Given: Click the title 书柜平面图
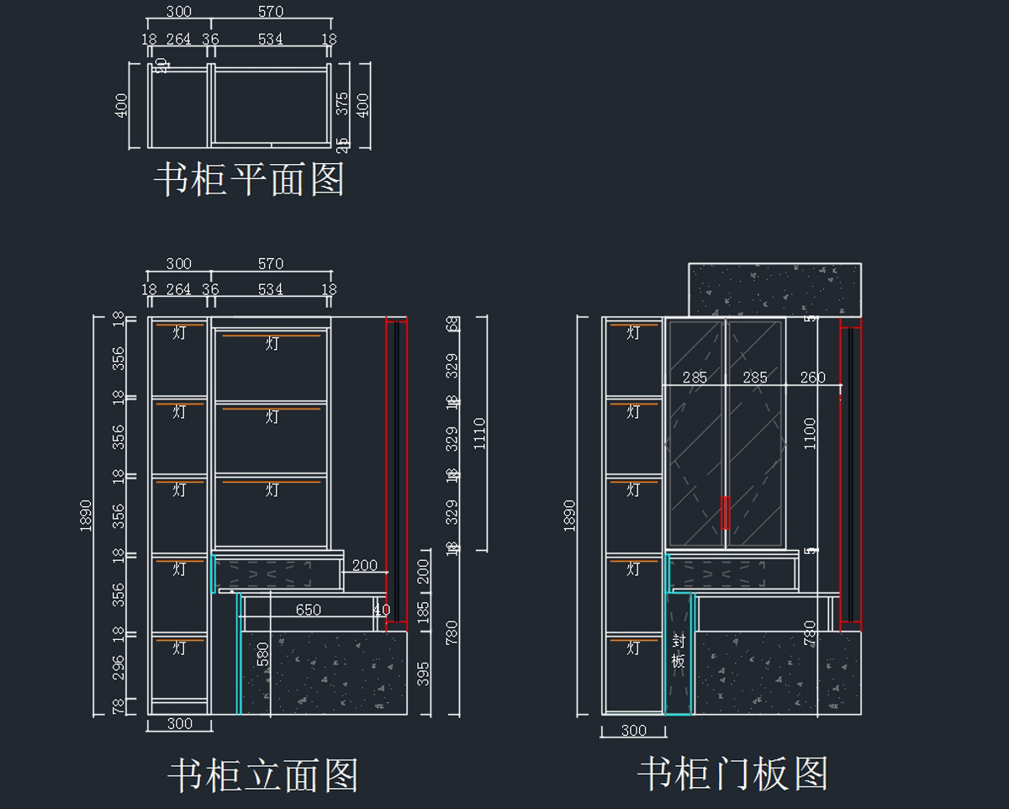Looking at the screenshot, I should [249, 180].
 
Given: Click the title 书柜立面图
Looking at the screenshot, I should [263, 775].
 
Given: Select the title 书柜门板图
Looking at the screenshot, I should [732, 774].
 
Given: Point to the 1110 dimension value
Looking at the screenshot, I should [480, 434].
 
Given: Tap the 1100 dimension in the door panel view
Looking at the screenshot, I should [810, 434].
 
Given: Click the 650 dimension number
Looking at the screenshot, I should [308, 610].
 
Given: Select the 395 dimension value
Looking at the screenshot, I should [424, 674].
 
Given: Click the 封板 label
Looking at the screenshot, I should [679, 650].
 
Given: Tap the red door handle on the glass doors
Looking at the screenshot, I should [725, 512].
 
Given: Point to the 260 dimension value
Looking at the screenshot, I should [813, 378].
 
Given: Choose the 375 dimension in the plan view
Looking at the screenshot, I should [342, 103].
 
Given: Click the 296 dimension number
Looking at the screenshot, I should [119, 667].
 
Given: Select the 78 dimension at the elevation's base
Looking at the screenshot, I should [119, 706].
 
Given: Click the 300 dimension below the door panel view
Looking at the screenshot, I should [633, 731].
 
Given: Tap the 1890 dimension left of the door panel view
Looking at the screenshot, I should [570, 515].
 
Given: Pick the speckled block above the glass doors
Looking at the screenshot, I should [774, 290].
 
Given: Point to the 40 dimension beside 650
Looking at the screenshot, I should [382, 610].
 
